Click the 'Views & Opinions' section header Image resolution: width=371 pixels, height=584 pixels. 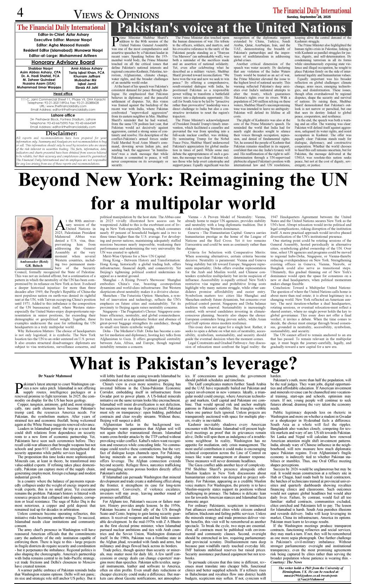[x=116, y=14]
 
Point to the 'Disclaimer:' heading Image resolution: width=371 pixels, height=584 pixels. [x=62, y=133]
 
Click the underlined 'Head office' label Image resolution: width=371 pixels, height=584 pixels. [x=63, y=94]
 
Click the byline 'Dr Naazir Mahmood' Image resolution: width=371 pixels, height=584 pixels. [x=55, y=376]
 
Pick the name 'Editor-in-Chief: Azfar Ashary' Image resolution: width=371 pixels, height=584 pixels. [x=61, y=35]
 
